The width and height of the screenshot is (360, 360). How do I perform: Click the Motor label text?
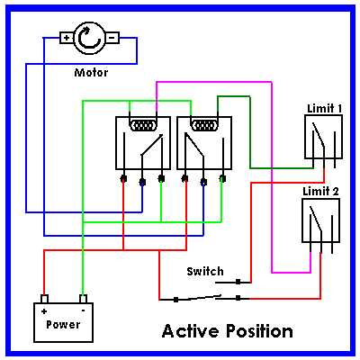point(91,73)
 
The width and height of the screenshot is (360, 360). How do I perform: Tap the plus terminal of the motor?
point(67,38)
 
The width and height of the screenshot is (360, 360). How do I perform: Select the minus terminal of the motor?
point(112,38)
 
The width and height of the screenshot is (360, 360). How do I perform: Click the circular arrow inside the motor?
point(89,38)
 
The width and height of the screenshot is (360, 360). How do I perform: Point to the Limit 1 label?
point(325,109)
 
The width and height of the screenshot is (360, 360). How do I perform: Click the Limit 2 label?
point(320,191)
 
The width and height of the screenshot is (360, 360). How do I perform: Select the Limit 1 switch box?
point(323,137)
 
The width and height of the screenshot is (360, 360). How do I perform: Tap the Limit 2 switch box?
point(320,220)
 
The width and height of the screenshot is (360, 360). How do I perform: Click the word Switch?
point(205,271)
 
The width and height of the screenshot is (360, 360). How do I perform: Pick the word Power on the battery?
point(63,325)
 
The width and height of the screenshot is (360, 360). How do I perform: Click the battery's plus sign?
point(44,311)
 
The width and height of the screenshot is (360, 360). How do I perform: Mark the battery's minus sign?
point(83,310)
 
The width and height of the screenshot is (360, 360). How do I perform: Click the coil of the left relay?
point(143,125)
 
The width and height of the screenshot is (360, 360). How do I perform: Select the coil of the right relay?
point(204,125)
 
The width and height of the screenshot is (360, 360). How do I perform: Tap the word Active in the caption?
point(191,331)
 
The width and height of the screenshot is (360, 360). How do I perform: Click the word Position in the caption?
point(259,331)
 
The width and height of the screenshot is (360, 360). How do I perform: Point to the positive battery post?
point(44,299)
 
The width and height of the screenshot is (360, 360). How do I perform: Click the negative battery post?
point(83,299)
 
